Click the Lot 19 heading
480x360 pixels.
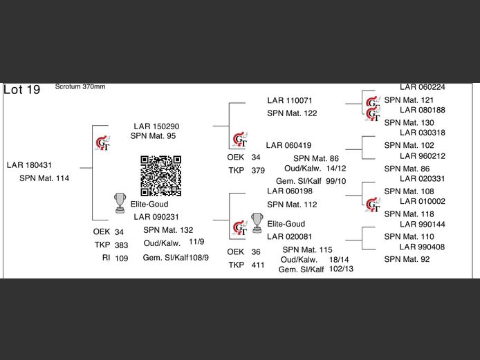(x=22, y=90)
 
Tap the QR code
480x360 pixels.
(x=161, y=176)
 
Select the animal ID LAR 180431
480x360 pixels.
(x=29, y=165)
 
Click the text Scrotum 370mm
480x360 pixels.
(x=80, y=87)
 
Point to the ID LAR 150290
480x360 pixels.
(x=157, y=126)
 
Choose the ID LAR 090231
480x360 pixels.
(x=156, y=217)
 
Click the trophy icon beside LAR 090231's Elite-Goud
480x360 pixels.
(x=118, y=202)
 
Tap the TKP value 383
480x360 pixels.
(x=121, y=245)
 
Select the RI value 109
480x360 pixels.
(x=121, y=258)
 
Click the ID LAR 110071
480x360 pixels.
(x=290, y=101)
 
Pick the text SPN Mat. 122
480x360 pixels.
(x=292, y=113)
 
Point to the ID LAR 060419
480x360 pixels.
(x=288, y=145)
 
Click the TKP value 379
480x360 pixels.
(x=258, y=170)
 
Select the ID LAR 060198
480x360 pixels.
(x=290, y=191)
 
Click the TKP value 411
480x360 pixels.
(x=258, y=265)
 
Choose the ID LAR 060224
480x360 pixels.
(x=422, y=88)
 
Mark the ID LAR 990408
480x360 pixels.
(x=422, y=247)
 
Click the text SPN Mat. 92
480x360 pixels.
(x=407, y=259)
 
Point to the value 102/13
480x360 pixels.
(x=342, y=269)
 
